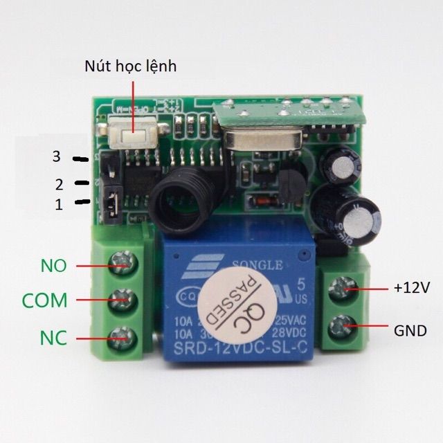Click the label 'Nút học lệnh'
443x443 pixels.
[131, 66]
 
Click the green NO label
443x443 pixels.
[53, 264]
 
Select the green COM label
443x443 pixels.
[45, 300]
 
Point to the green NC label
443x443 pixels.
[53, 338]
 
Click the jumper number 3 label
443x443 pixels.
[57, 157]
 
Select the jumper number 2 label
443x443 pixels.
[59, 184]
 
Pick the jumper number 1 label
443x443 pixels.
[59, 205]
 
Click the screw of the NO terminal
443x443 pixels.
[124, 264]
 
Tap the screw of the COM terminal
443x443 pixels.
[124, 300]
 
